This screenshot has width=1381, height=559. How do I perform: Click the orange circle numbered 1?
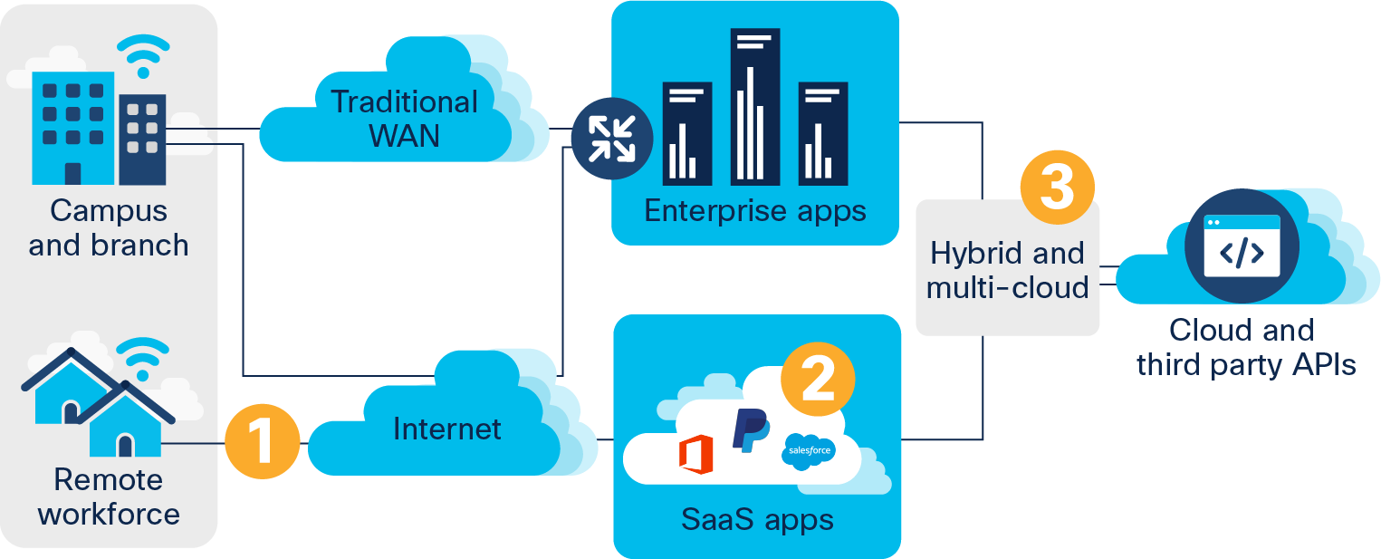click(x=261, y=443)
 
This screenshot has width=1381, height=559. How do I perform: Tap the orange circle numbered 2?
click(x=818, y=380)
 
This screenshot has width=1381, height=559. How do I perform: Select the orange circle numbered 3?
click(x=1057, y=188)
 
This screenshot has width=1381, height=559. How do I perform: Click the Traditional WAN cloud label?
click(x=404, y=119)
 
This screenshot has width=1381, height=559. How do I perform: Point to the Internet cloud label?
click(x=447, y=428)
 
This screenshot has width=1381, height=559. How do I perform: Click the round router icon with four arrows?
click(x=611, y=137)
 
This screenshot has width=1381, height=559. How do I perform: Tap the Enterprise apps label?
click(x=754, y=211)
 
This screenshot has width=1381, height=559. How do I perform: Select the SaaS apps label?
click(x=757, y=520)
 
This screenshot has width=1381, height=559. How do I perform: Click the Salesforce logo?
click(x=809, y=450)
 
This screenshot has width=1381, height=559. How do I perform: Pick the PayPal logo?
click(x=750, y=429)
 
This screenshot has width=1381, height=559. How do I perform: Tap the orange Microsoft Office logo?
click(x=695, y=454)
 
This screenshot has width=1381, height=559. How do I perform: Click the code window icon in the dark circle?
click(x=1242, y=246)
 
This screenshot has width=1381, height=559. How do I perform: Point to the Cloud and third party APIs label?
click(x=1245, y=346)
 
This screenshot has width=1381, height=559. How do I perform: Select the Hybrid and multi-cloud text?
click(x=1007, y=270)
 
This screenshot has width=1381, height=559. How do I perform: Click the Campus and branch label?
click(x=109, y=227)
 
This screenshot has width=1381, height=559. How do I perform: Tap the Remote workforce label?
click(x=109, y=496)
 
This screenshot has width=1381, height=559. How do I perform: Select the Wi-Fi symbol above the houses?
click(x=143, y=357)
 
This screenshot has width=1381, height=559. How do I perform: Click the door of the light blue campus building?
click(x=72, y=172)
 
